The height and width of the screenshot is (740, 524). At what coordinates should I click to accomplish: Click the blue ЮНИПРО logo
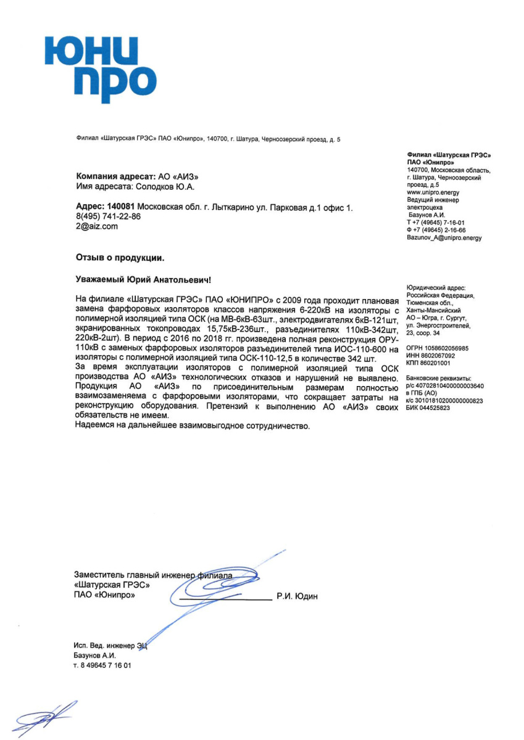point(100,68)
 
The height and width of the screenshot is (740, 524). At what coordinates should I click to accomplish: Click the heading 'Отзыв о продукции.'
point(120,256)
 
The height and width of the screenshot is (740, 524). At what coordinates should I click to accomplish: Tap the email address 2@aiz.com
point(96,226)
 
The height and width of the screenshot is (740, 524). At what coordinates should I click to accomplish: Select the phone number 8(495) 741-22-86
point(109,217)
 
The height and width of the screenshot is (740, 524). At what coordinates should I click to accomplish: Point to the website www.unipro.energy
point(433,192)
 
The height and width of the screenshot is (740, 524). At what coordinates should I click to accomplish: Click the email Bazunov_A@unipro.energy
point(444,237)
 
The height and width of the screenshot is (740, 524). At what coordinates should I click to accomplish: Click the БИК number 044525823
point(437,408)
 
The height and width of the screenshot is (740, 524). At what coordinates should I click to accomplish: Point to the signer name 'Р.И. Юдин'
point(297,596)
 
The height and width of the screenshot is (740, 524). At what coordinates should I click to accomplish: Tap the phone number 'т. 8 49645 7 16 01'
point(102,665)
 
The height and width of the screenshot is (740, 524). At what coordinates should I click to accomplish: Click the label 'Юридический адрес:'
point(435,288)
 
